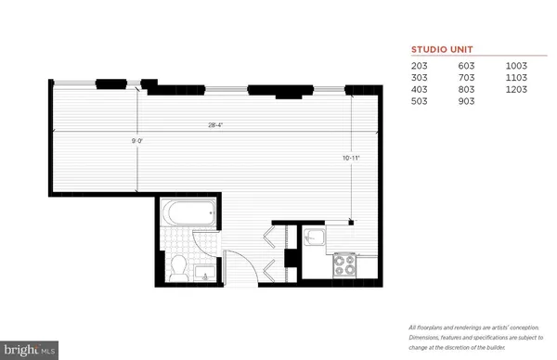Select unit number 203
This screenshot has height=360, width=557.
click(421, 67)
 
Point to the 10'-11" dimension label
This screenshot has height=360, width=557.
click(350, 159)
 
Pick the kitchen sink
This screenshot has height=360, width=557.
click(316, 239)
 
